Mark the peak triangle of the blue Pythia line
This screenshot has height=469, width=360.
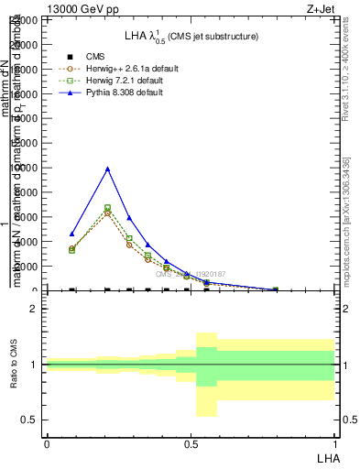pos(107,169)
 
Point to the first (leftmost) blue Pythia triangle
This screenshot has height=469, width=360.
pos(71,234)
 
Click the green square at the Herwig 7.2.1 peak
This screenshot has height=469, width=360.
pos(107,208)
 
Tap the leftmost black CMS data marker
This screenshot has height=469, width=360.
pos(71,289)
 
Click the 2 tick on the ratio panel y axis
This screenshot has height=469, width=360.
pos(34,310)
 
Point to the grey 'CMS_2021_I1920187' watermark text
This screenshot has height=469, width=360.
pos(191,274)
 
